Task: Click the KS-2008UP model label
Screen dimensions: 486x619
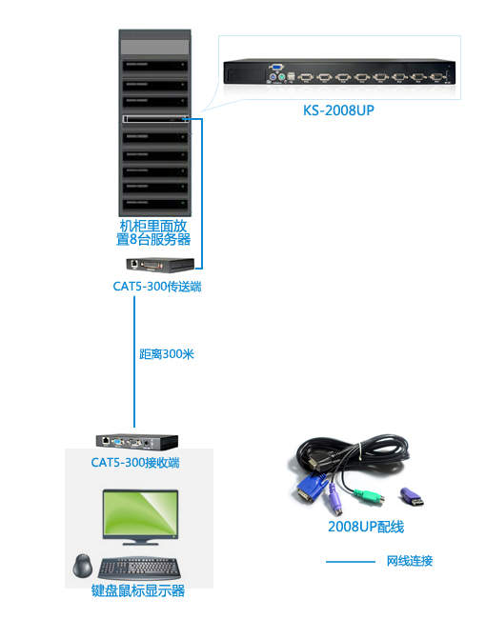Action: click(338, 110)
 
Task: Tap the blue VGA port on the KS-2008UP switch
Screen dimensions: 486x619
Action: click(276, 67)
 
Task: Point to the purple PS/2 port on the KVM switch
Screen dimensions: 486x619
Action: click(273, 77)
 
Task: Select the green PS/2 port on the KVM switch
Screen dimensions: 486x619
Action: click(281, 77)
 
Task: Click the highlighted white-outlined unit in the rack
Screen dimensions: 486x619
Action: click(155, 119)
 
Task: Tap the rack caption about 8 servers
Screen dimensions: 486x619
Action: click(153, 232)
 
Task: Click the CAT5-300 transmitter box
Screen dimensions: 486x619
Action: click(160, 265)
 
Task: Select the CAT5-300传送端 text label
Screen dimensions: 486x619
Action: click(157, 287)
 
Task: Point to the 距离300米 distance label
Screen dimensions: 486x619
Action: click(167, 354)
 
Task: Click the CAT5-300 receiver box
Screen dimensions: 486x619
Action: click(136, 441)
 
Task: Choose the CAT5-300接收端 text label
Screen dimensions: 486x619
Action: click(135, 462)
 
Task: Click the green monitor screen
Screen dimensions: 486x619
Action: click(141, 513)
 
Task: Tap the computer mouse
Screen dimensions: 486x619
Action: click(83, 566)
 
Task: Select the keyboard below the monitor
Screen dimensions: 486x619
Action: click(139, 569)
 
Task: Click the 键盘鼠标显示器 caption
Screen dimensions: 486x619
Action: click(138, 590)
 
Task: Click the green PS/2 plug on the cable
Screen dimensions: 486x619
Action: click(369, 496)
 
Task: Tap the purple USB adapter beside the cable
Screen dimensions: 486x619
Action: click(412, 497)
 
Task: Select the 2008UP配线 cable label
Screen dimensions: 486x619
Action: click(366, 527)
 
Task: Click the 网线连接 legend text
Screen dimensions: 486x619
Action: click(410, 561)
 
